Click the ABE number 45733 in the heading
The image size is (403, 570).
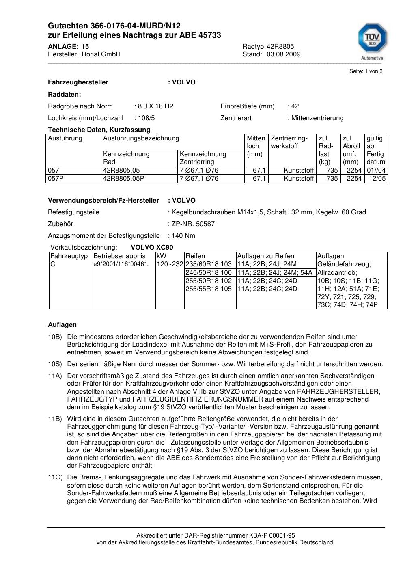tap(210, 35)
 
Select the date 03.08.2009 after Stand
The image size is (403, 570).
tap(284, 54)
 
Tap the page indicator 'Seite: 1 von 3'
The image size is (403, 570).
tap(366, 71)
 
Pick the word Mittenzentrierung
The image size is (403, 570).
tap(317, 118)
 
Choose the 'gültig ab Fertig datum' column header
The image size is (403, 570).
tap(376, 150)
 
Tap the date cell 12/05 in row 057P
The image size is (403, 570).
tap(377, 179)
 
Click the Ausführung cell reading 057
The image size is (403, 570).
tap(54, 171)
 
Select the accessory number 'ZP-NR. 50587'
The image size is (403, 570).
tap(193, 224)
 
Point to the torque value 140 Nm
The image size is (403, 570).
tap(183, 236)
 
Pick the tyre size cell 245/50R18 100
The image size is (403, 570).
tap(209, 272)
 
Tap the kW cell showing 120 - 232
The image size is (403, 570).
tap(170, 264)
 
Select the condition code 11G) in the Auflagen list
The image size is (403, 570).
tap(55, 477)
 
